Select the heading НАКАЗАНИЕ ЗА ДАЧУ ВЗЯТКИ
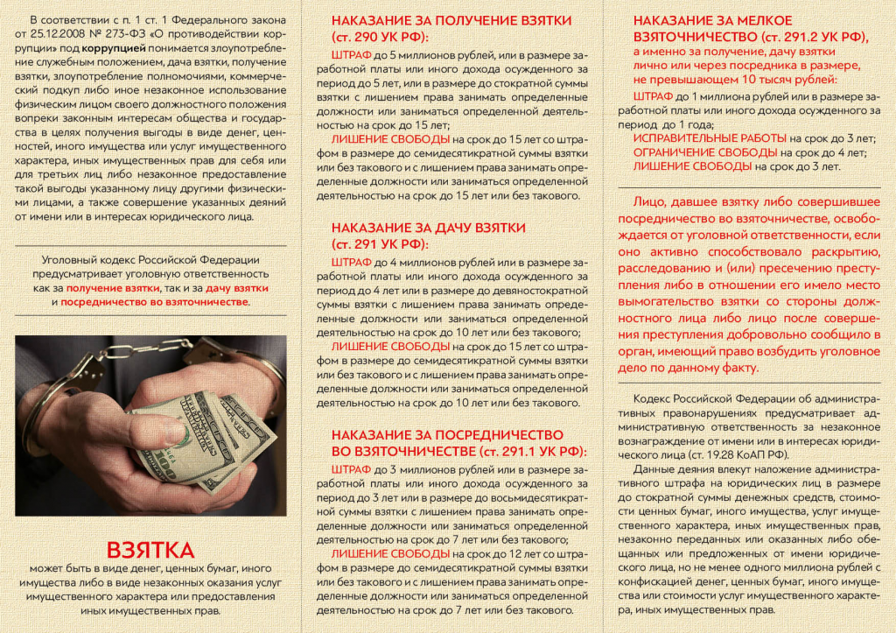click(x=429, y=227)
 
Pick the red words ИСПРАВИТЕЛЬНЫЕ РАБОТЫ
click(x=709, y=138)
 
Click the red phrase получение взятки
click(x=112, y=287)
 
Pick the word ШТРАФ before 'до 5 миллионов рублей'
click(x=352, y=53)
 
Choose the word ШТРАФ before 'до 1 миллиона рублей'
click(x=652, y=96)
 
